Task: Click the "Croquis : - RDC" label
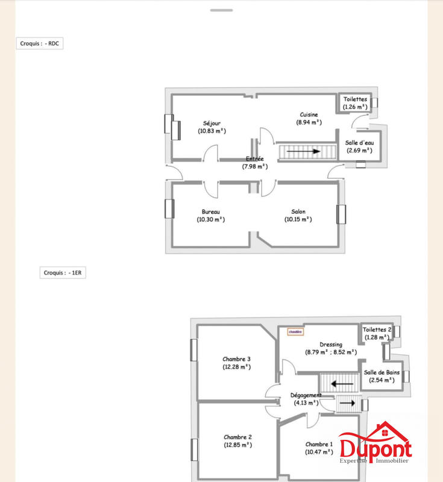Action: tap(39, 43)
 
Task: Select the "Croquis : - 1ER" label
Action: tap(63, 272)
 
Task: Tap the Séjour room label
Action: tap(212, 124)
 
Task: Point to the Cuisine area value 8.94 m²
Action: tap(309, 122)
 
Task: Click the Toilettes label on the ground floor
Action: tap(355, 99)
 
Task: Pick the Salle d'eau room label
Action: tap(359, 143)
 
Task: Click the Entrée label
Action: tap(254, 159)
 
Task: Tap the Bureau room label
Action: tap(210, 211)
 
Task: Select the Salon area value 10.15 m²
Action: tap(298, 219)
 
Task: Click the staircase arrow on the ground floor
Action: tap(304, 151)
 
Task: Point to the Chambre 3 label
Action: tap(236, 359)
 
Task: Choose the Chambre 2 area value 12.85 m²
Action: tap(237, 445)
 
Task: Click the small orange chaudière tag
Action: tap(295, 331)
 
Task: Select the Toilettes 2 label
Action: tap(377, 330)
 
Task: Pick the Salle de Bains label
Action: tap(381, 372)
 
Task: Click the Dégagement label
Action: tap(306, 395)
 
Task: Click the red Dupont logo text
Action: tap(375, 449)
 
